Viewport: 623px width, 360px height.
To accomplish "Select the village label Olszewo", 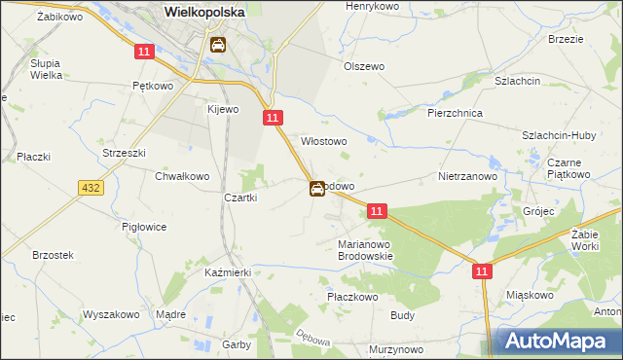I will pos(364,66).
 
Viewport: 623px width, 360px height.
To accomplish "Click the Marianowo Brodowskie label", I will pos(364,250).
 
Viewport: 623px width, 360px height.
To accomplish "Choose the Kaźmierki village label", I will pos(228,272).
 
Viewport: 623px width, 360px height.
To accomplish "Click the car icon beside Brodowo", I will pos(317,189).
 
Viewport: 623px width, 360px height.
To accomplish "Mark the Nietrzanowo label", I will pos(468,177).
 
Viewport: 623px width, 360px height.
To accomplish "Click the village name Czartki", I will pos(240,198).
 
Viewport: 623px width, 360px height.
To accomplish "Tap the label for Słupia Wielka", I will pos(46,67).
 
